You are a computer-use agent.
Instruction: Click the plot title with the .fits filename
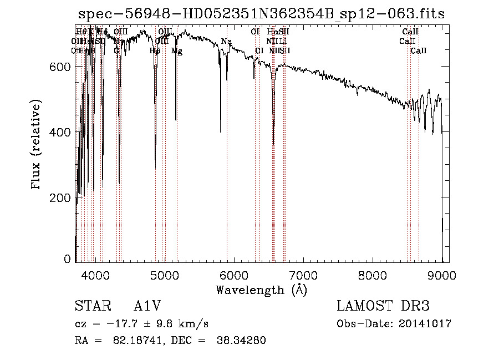(261, 14)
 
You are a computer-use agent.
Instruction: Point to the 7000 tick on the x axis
(303, 275)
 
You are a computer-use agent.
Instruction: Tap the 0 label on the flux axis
(68, 259)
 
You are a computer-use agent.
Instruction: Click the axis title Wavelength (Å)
(261, 290)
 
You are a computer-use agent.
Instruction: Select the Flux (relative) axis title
(37, 145)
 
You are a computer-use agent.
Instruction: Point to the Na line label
(226, 42)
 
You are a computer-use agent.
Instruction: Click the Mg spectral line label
(176, 51)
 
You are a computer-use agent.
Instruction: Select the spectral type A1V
(147, 306)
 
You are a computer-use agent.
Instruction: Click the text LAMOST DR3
(383, 306)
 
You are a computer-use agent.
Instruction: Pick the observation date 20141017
(426, 324)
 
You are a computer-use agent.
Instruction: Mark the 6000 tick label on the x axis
(234, 275)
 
